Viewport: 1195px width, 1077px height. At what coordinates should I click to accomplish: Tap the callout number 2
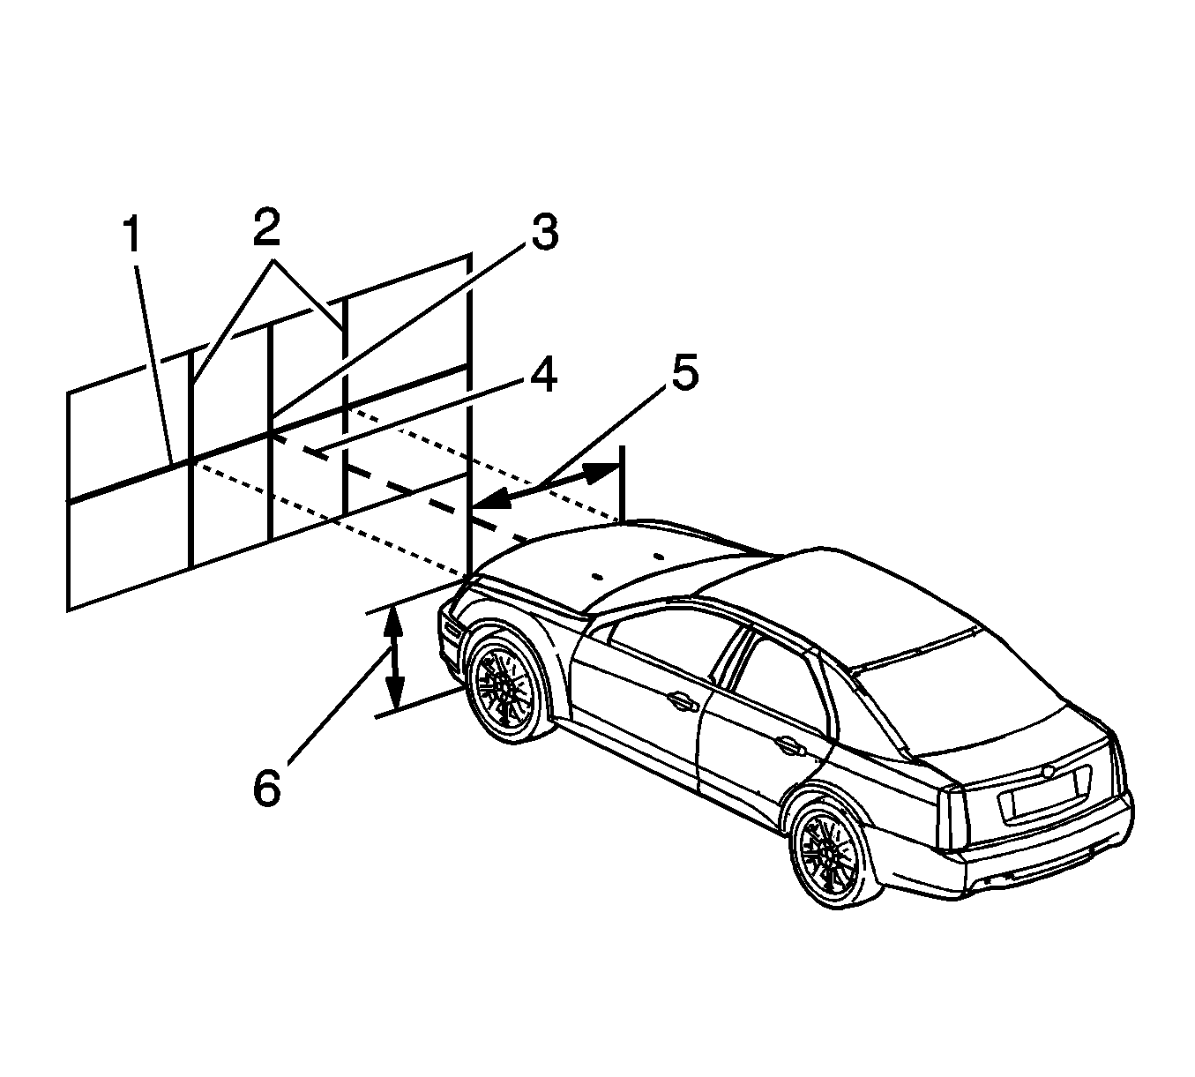[x=266, y=228]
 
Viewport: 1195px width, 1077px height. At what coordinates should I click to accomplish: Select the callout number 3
[x=545, y=232]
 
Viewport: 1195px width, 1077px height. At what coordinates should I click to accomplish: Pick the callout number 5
[x=684, y=373]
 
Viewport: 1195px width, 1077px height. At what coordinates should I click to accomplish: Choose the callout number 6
[x=267, y=788]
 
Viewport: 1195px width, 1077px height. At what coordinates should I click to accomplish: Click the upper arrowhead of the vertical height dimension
[x=392, y=622]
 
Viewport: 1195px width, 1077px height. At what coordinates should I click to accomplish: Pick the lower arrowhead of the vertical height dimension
[x=394, y=695]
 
